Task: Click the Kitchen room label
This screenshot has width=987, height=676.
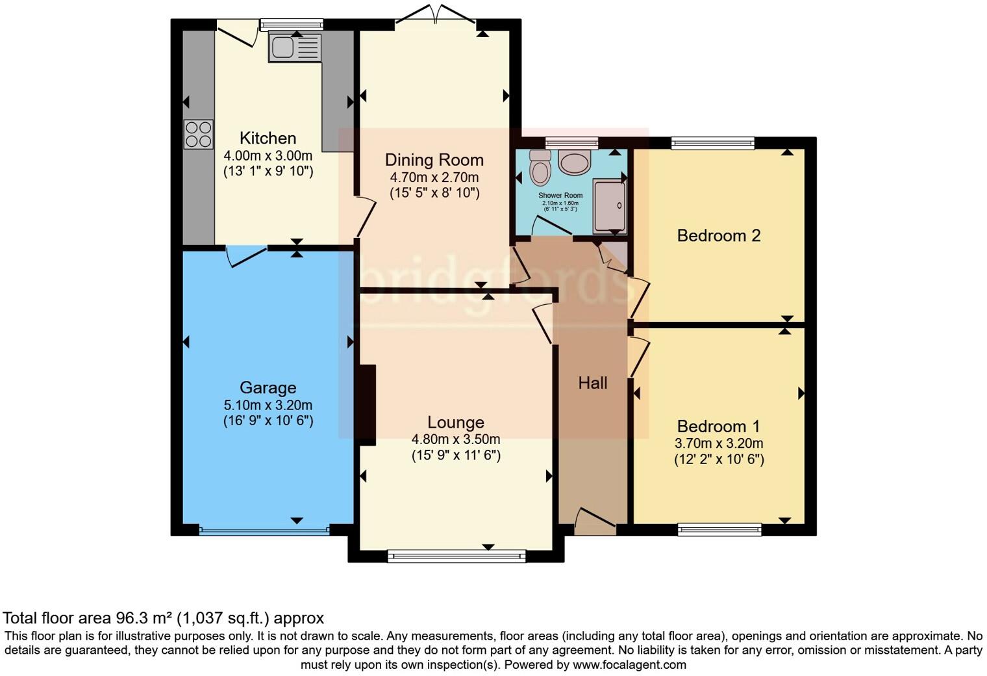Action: click(x=268, y=138)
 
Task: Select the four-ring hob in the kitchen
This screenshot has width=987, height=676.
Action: click(x=198, y=135)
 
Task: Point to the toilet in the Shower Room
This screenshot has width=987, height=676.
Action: click(x=540, y=168)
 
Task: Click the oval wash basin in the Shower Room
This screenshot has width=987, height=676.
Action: click(x=574, y=162)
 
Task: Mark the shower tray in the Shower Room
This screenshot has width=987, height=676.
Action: click(x=609, y=207)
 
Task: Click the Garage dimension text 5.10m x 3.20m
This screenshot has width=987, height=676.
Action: click(x=268, y=405)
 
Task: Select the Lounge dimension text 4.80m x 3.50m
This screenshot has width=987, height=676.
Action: click(x=456, y=439)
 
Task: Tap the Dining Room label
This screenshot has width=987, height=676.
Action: click(x=434, y=160)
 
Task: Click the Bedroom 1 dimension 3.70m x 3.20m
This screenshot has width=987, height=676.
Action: click(x=718, y=444)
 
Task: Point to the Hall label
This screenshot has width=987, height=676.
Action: click(x=592, y=383)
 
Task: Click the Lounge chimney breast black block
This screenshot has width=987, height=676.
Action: click(x=367, y=404)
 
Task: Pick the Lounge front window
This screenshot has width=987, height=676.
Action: click(x=456, y=555)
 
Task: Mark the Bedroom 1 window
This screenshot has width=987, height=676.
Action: click(x=719, y=530)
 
